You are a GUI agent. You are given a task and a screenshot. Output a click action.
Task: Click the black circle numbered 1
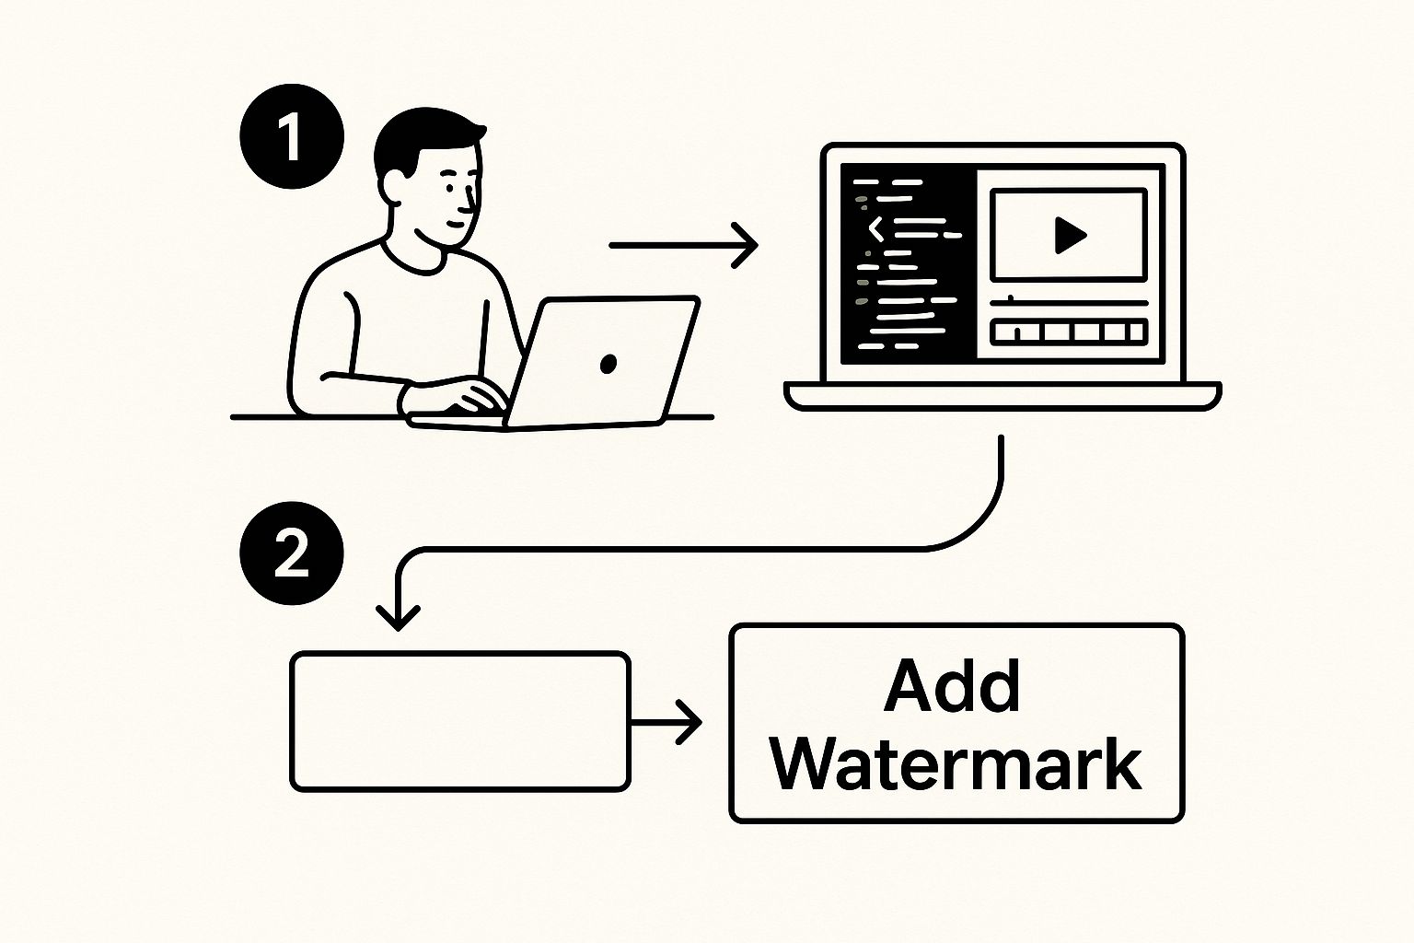point(291,137)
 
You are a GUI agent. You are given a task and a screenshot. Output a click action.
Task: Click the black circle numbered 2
point(291,553)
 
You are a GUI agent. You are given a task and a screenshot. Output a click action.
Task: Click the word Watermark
point(956,763)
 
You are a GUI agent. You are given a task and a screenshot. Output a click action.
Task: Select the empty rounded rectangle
point(460,721)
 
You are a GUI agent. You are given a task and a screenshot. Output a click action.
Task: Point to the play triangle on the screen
point(1069,236)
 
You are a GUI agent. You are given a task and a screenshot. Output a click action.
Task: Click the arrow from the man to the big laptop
point(683,245)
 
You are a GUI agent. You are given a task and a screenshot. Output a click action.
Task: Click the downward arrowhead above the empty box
point(399,615)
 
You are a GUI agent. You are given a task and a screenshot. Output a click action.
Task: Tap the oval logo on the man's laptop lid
point(608,364)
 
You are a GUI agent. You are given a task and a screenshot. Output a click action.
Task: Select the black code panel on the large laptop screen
point(908,262)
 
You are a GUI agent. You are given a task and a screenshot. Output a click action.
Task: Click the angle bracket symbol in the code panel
point(875,227)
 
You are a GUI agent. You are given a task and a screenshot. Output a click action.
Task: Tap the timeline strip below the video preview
point(1068,332)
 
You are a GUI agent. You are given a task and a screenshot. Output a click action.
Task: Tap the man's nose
point(472,198)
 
